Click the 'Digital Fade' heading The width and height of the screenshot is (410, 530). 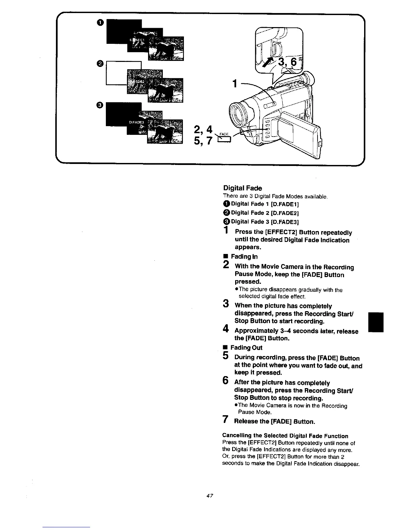[243, 188]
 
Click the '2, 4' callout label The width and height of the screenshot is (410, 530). [203, 129]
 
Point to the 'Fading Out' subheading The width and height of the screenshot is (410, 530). [246, 348]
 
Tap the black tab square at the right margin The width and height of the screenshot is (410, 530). [375, 322]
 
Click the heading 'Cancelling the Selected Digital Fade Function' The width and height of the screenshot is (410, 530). [285, 436]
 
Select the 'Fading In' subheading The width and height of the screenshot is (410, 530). [244, 257]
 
